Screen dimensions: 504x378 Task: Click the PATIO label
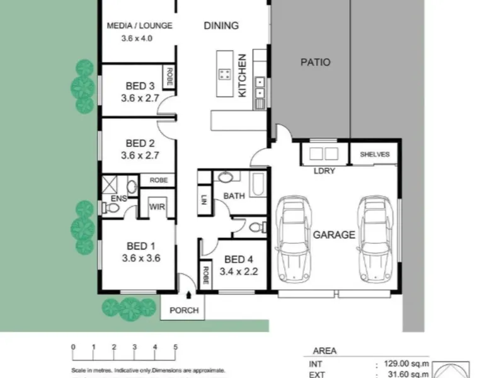316,62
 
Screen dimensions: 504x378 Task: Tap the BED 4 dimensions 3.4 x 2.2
239,272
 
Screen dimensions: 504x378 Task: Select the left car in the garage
294,239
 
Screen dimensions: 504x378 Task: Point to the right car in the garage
375,239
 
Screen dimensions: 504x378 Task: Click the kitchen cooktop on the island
225,74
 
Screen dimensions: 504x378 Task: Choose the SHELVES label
375,154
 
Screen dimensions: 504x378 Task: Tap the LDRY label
324,171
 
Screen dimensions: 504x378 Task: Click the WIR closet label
157,207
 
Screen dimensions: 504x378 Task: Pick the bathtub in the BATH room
258,185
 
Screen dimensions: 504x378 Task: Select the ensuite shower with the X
110,185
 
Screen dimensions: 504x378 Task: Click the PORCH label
184,311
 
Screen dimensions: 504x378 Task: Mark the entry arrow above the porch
188,295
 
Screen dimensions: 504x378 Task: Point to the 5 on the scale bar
176,347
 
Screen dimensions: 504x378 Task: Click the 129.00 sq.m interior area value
406,364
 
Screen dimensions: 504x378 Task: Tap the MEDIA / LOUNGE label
139,26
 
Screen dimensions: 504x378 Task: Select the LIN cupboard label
204,200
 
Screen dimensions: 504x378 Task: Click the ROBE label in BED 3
169,77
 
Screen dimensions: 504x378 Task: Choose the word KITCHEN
242,76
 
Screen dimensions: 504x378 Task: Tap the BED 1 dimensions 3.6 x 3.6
141,258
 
